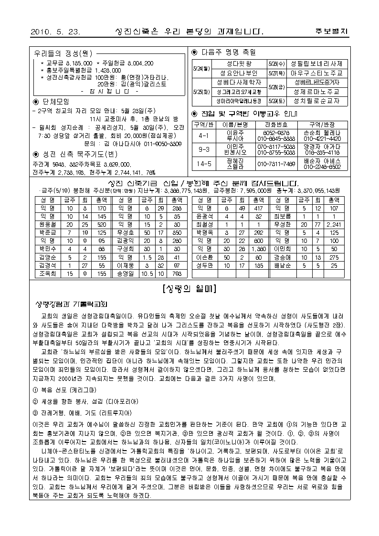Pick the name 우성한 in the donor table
pos(283,224)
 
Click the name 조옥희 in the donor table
pos(48,274)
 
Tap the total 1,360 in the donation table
pos(259,249)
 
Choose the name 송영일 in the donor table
pos(126,274)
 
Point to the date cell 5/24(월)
pos(200,68)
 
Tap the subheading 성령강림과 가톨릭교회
pos(72,304)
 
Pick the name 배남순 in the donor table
pos(283,265)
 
